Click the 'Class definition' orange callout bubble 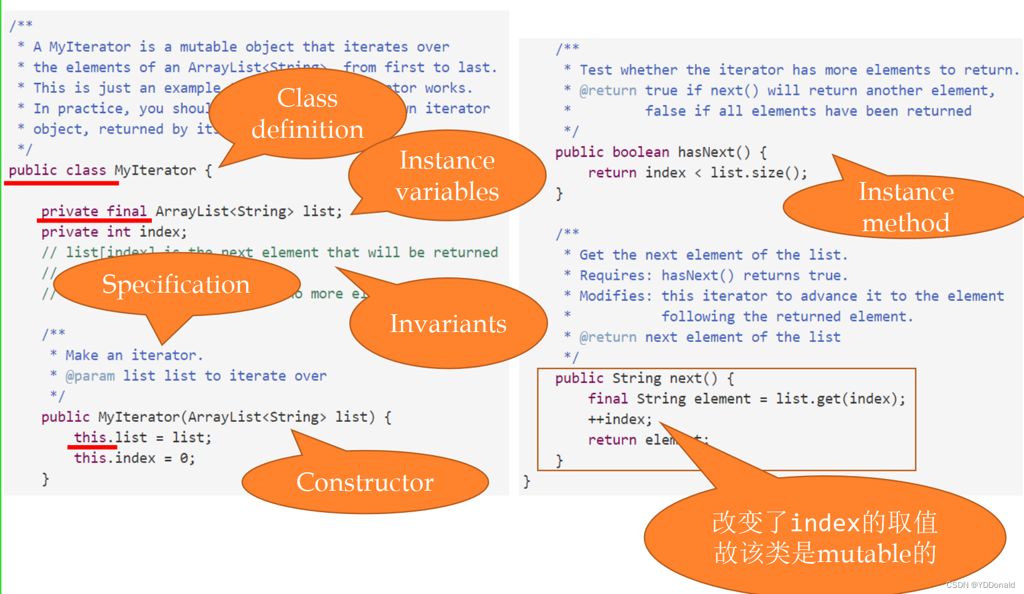pyautogui.click(x=308, y=114)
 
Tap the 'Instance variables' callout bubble pyautogui.click(x=447, y=176)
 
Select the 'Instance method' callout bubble pyautogui.click(x=905, y=207)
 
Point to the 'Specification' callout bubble pyautogui.click(x=176, y=285)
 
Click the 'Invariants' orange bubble pyautogui.click(x=448, y=323)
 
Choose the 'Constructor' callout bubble pyautogui.click(x=365, y=482)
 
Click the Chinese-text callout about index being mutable pyautogui.click(x=824, y=537)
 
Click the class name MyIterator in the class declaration pyautogui.click(x=155, y=170)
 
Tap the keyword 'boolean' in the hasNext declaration pyautogui.click(x=640, y=152)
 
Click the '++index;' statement pyautogui.click(x=619, y=419)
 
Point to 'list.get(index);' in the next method pyautogui.click(x=840, y=398)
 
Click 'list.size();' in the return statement pyautogui.click(x=758, y=173)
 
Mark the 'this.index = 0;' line pyautogui.click(x=134, y=458)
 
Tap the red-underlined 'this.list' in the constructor pyautogui.click(x=110, y=437)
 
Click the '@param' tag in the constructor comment pyautogui.click(x=90, y=376)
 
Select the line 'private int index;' pyautogui.click(x=114, y=232)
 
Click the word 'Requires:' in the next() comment pyautogui.click(x=616, y=275)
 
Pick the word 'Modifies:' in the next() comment pyautogui.click(x=616, y=296)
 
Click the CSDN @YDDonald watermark pyautogui.click(x=980, y=585)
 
